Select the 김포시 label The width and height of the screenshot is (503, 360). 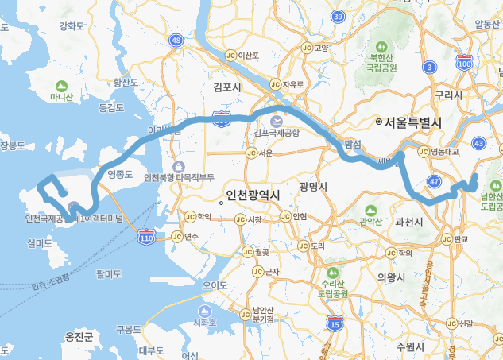(227, 86)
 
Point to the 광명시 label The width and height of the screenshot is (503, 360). (314, 186)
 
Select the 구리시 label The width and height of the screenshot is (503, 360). (448, 95)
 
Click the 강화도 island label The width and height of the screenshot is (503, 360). (72, 26)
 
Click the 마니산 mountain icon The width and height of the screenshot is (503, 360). (61, 86)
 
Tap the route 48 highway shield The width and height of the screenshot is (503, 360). (176, 40)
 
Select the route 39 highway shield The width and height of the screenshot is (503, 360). (338, 16)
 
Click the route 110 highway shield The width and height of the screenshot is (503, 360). (146, 237)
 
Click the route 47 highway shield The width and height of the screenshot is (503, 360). (434, 182)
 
